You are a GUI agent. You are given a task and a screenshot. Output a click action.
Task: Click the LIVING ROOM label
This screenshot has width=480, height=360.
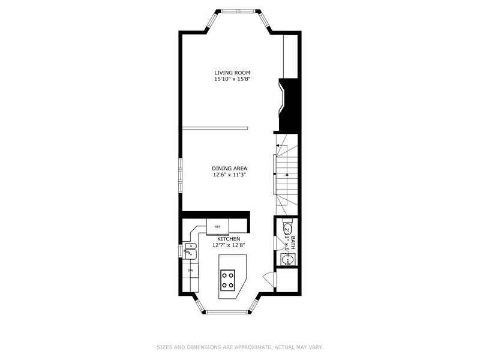coord(232,73)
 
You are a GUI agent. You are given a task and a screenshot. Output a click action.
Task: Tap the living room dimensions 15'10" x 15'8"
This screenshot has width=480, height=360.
coord(232,79)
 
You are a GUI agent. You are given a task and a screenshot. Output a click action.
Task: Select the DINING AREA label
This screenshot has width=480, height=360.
coord(229,168)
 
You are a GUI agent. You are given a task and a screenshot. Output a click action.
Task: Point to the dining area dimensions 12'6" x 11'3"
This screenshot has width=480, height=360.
coord(229,175)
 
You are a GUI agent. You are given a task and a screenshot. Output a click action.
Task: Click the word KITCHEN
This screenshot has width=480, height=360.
coord(229,238)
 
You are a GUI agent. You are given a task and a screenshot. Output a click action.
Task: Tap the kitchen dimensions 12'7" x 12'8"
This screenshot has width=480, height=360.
coord(229,245)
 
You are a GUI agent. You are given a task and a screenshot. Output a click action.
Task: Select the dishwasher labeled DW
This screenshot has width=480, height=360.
coord(190,271)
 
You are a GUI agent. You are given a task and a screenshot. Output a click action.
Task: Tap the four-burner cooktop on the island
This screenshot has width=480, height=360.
coord(228,279)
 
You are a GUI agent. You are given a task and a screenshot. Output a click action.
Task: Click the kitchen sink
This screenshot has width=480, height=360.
coord(190,251)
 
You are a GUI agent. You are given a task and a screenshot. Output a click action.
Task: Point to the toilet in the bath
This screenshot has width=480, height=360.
coord(287,230)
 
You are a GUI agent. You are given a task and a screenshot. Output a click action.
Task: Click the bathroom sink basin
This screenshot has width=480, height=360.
coord(286,259)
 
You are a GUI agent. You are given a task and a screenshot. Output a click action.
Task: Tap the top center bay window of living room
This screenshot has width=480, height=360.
coord(237,11)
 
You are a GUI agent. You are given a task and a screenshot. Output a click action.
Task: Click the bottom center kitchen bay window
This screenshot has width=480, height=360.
coord(229,310)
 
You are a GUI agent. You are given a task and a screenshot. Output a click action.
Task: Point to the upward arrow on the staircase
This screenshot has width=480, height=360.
coord(287,175)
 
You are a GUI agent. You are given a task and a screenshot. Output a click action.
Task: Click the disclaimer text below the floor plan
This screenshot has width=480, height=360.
coord(239,346)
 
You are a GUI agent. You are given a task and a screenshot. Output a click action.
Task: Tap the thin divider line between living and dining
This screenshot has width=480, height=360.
coord(214,127)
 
